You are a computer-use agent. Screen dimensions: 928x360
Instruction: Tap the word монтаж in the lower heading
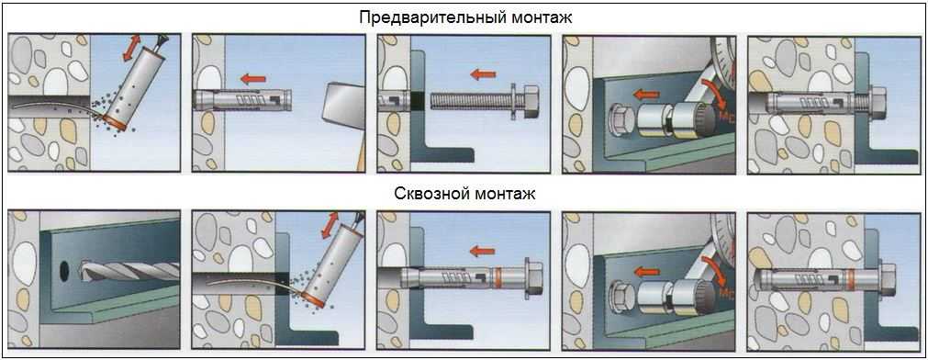pyautogui.click(x=500, y=194)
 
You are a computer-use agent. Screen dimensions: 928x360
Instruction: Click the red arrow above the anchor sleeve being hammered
pyautogui.click(x=253, y=78)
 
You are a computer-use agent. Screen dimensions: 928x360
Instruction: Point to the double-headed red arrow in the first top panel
pyautogui.click(x=132, y=48)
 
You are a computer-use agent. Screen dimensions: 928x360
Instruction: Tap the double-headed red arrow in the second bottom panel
pyautogui.click(x=328, y=227)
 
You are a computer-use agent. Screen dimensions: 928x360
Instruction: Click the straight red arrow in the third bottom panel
pyautogui.click(x=482, y=252)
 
